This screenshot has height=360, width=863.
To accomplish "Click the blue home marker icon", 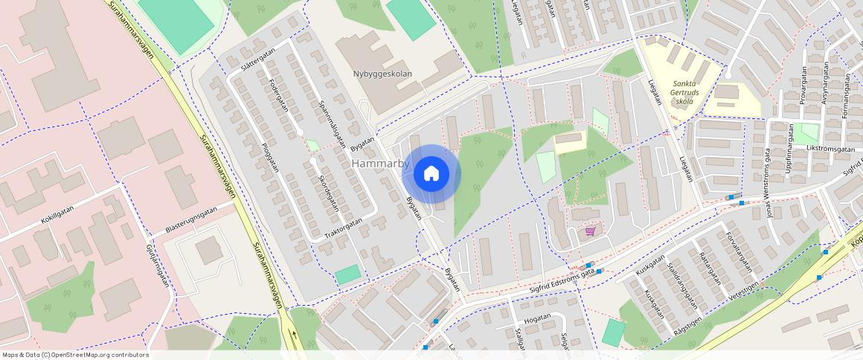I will (431, 174).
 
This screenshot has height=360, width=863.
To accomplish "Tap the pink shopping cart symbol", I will (590, 231).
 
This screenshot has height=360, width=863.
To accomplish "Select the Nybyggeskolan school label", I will (382, 74).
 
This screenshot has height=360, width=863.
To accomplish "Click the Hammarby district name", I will (380, 163).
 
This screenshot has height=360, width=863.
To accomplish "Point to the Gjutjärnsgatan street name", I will (156, 266).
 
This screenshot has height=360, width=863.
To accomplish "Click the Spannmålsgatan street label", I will (332, 123).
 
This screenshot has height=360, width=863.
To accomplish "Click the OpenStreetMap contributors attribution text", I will (75, 355).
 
